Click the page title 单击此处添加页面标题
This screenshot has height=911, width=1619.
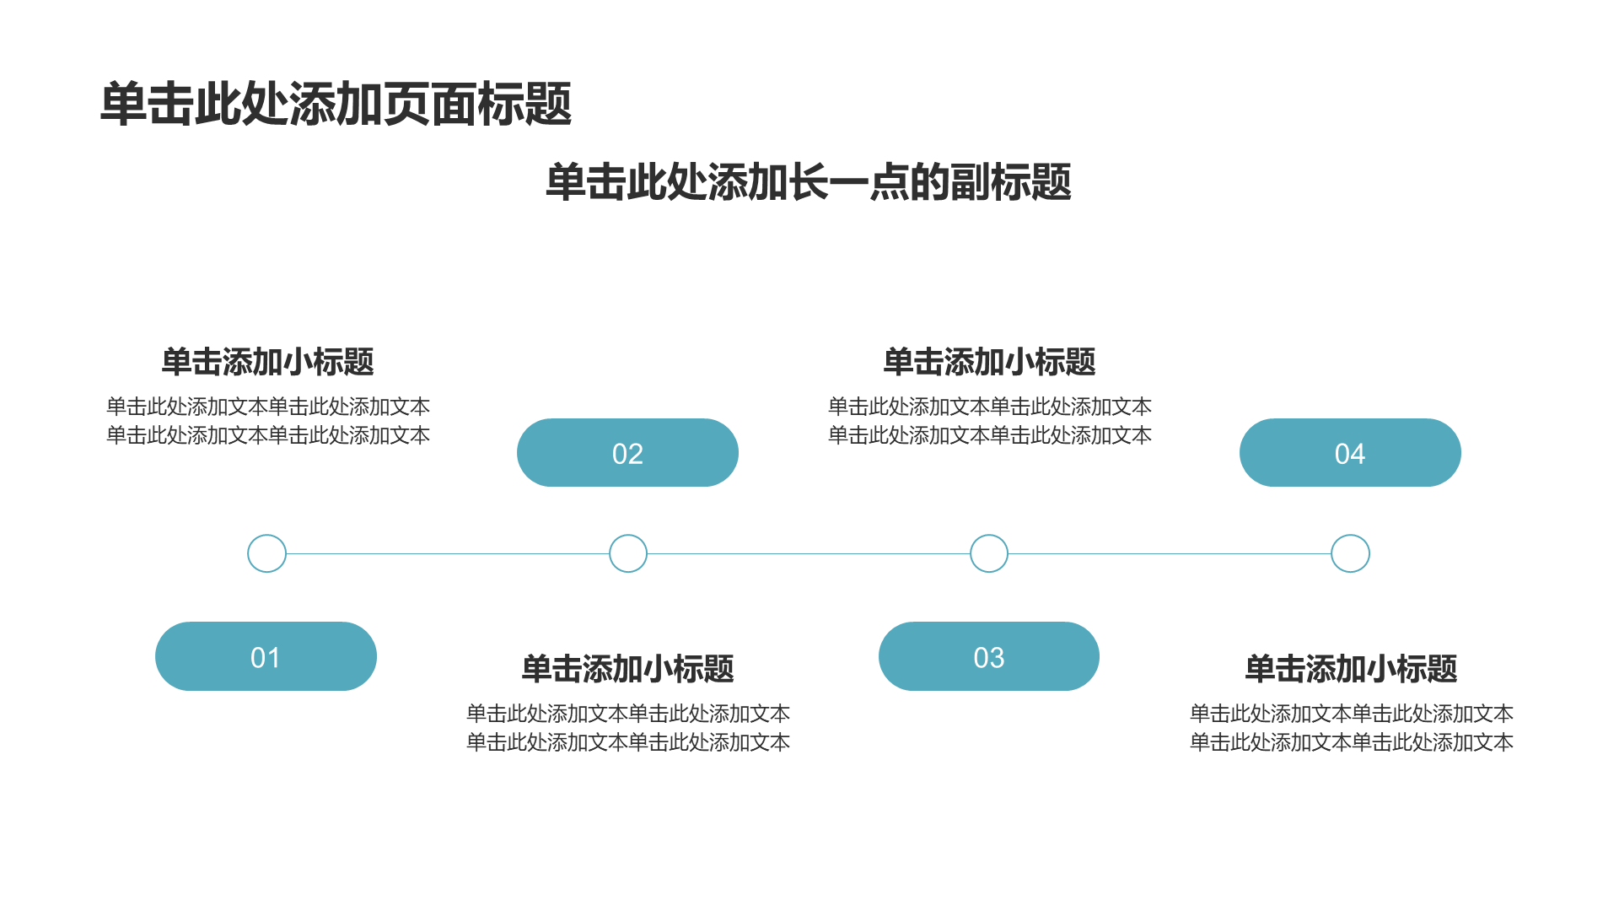pos(336,105)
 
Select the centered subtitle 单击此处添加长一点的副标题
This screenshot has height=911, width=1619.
pos(809,182)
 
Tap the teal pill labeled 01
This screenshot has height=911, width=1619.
pos(266,656)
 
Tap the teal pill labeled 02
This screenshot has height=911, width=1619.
pos(627,453)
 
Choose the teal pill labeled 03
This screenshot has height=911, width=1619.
pos(989,656)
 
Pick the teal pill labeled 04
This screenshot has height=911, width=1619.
pos(1350,453)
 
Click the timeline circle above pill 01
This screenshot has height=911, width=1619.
pos(266,536)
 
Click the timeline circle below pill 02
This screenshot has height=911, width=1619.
pos(628,536)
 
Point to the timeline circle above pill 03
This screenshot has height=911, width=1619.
pos(989,536)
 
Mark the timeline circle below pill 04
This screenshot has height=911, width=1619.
pos(1350,536)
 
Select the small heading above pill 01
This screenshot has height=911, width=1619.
pos(267,362)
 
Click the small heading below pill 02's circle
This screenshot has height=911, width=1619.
pos(628,669)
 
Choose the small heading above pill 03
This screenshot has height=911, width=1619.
pos(989,362)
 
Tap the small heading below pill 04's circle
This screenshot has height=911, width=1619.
pos(1351,669)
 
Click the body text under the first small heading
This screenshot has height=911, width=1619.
pos(268,421)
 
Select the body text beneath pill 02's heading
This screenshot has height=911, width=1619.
pos(628,728)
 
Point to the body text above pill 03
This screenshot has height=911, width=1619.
pos(990,421)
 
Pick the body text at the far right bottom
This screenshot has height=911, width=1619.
pos(1352,728)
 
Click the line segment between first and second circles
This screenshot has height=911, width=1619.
pos(448,554)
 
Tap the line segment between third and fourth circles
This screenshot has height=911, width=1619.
pos(1170,554)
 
